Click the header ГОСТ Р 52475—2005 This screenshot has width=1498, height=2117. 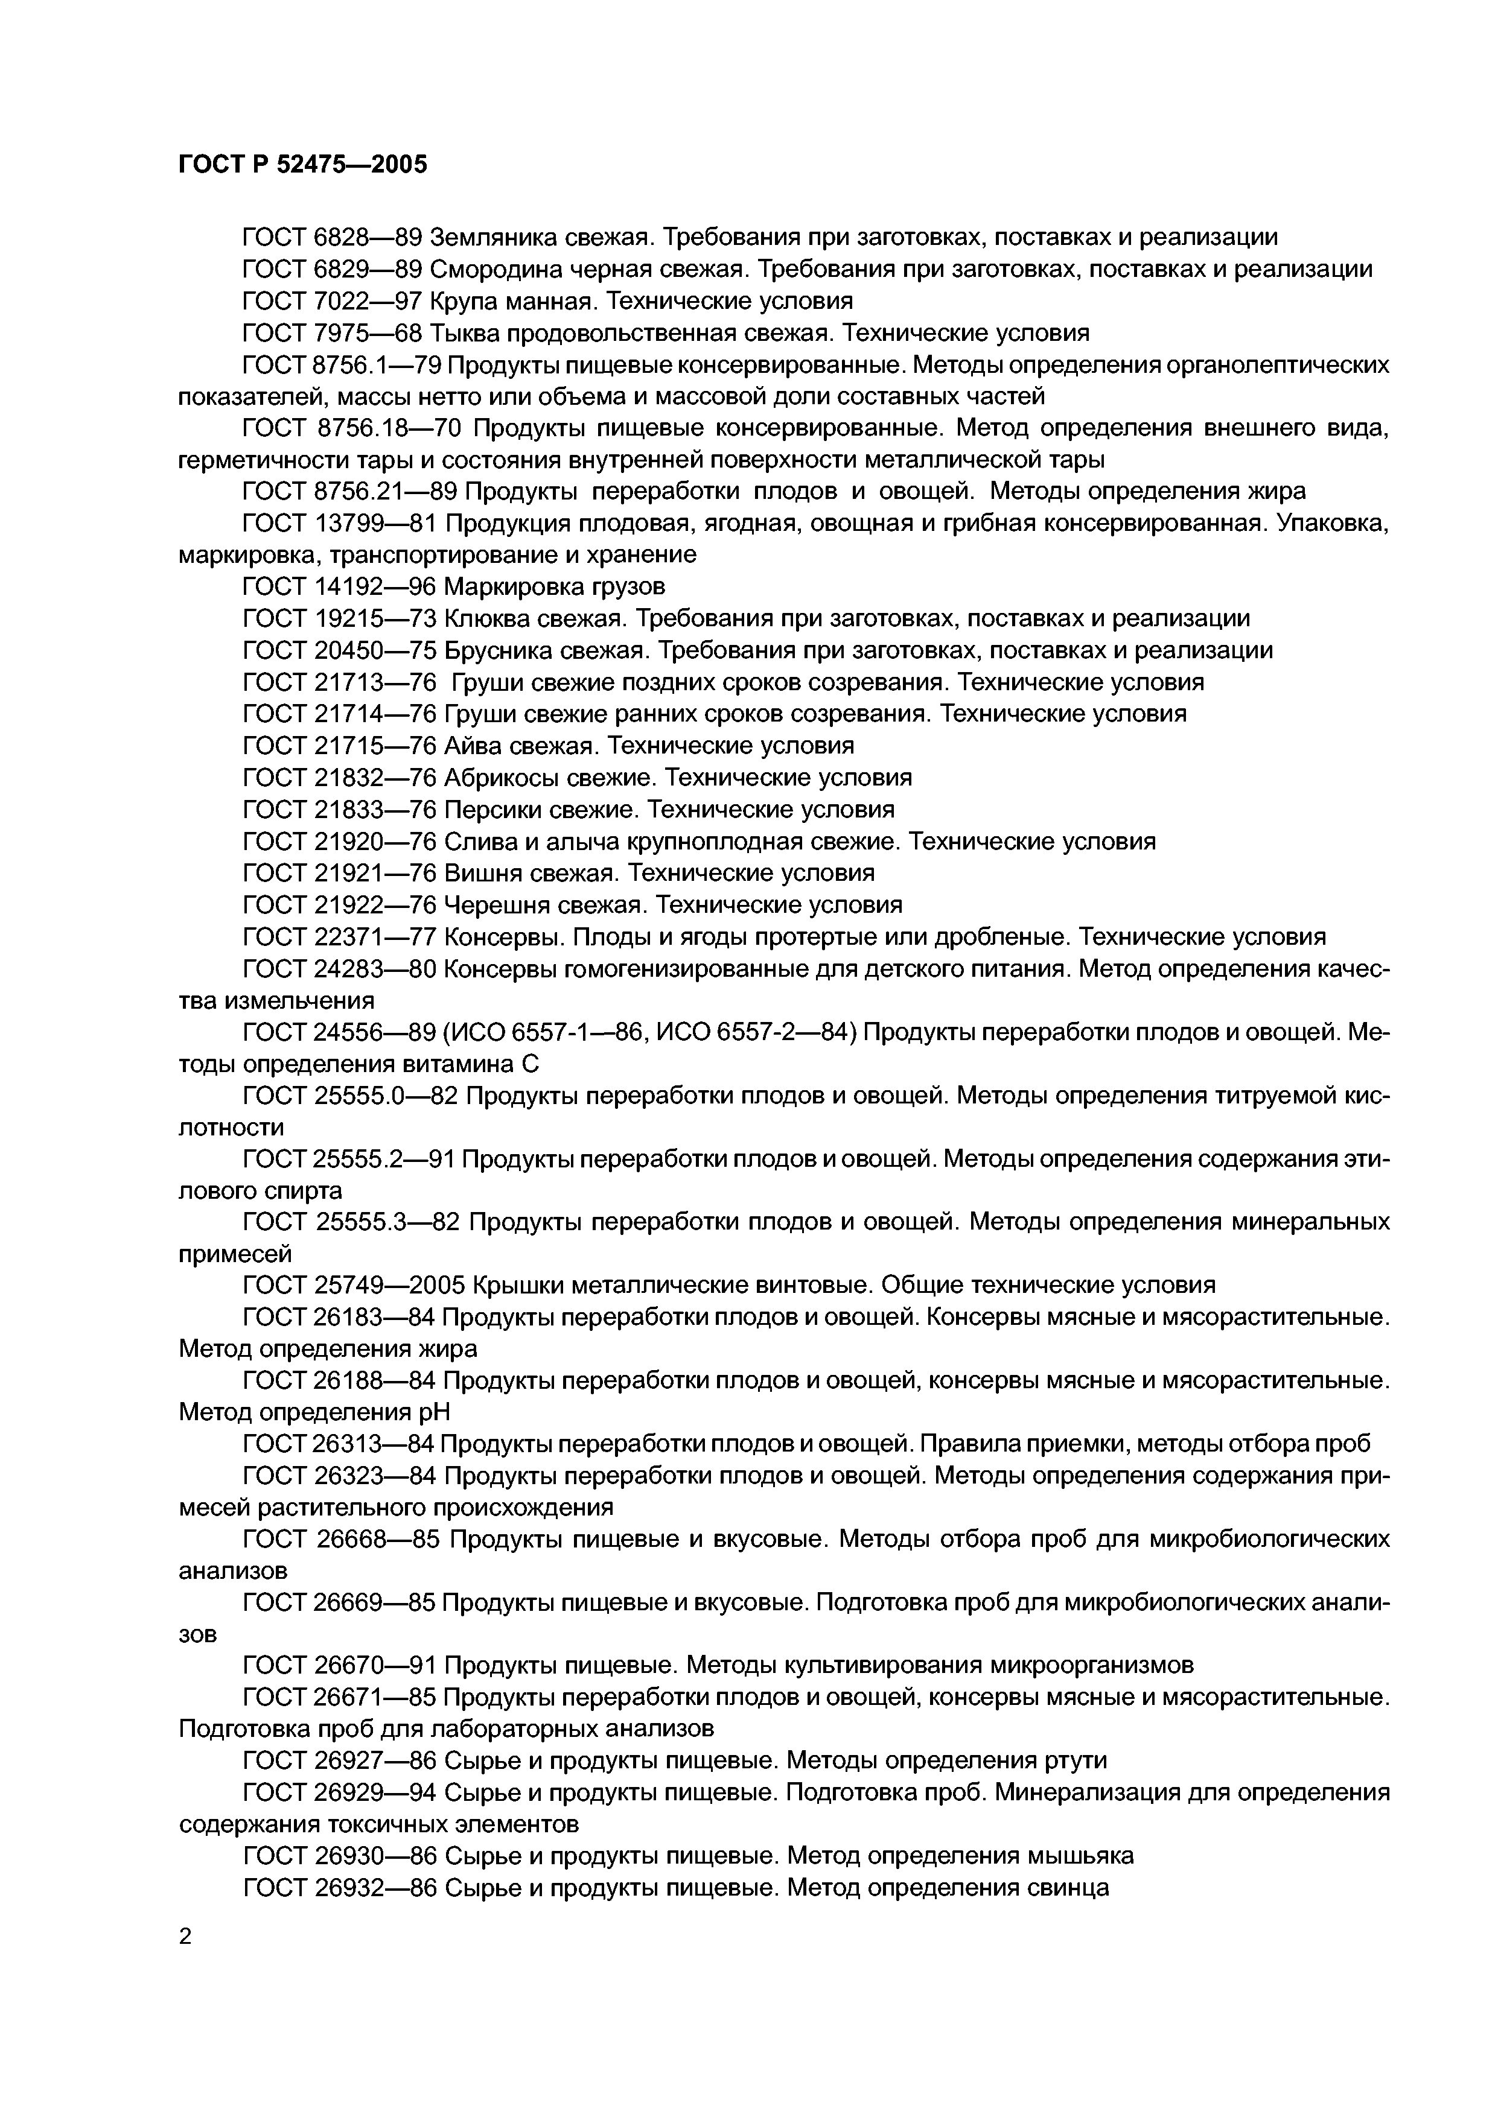pos(302,165)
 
